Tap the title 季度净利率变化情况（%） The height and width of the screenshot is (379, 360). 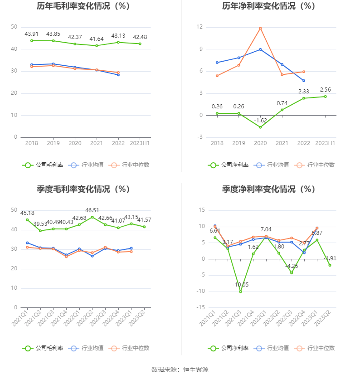coord(268,189)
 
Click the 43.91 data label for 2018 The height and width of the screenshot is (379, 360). coord(32,34)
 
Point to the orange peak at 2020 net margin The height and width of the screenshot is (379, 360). coord(260,28)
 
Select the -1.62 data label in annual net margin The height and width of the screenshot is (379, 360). coord(260,120)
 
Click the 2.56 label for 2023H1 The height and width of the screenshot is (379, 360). coord(325,89)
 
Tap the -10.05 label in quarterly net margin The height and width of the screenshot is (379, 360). coord(240,284)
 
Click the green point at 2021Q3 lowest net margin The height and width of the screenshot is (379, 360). coord(240,292)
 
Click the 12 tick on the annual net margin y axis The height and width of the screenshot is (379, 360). coord(199,27)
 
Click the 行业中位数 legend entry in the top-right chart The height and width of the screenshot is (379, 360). coord(315,165)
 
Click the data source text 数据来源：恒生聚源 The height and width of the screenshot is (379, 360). coord(180,369)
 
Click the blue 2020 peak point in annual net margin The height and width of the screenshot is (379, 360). coord(260,49)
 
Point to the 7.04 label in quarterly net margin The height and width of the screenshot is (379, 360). coord(266,229)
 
